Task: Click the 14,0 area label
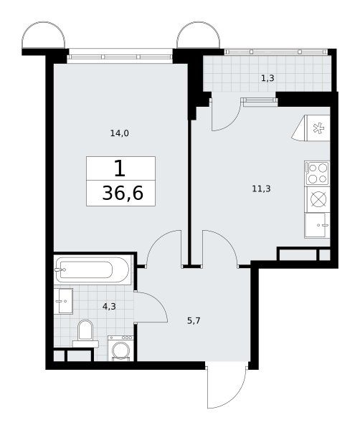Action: click(x=119, y=133)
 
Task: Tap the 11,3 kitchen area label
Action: click(x=261, y=188)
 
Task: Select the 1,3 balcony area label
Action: click(x=267, y=78)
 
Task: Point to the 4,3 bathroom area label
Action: click(x=109, y=306)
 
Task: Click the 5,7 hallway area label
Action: click(x=194, y=320)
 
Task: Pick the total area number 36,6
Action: click(x=123, y=193)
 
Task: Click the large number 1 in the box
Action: click(x=120, y=168)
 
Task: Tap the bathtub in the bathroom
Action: click(x=93, y=269)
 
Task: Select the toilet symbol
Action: click(x=85, y=334)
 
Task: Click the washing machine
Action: click(x=120, y=348)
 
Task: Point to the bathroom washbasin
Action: click(x=63, y=301)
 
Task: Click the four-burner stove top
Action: click(x=317, y=173)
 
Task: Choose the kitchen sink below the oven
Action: click(x=317, y=226)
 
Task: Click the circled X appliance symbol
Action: click(x=318, y=199)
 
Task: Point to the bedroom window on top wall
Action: click(x=120, y=57)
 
